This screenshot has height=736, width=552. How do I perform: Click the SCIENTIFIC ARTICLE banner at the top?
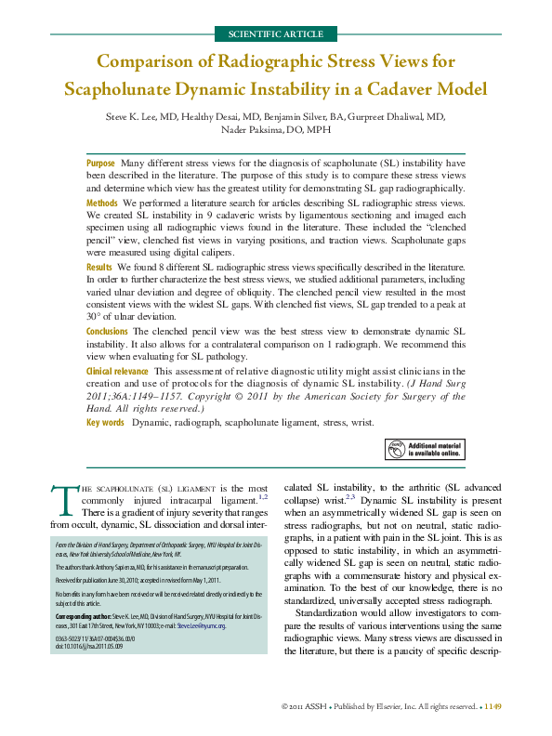point(275,34)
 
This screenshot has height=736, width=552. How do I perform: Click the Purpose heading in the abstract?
point(101,163)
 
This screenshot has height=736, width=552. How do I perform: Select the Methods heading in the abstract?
point(102,203)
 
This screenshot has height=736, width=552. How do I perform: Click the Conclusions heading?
point(108,332)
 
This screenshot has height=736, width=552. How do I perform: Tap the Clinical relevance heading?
point(118,371)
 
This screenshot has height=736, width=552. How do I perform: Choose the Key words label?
point(105,423)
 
